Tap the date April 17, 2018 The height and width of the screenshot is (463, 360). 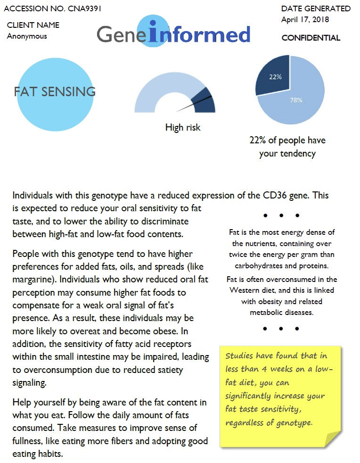[x=305, y=20]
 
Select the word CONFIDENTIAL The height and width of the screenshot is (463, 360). [x=311, y=38]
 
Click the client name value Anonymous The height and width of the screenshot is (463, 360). [x=27, y=36]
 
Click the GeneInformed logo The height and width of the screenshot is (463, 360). [x=173, y=34]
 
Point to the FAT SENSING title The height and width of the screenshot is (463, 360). [x=55, y=91]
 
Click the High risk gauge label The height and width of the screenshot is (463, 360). [x=183, y=127]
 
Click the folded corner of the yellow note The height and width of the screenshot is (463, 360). [x=333, y=438]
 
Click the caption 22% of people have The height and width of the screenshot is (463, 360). [x=287, y=141]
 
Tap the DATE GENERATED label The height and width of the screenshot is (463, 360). [x=316, y=8]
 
